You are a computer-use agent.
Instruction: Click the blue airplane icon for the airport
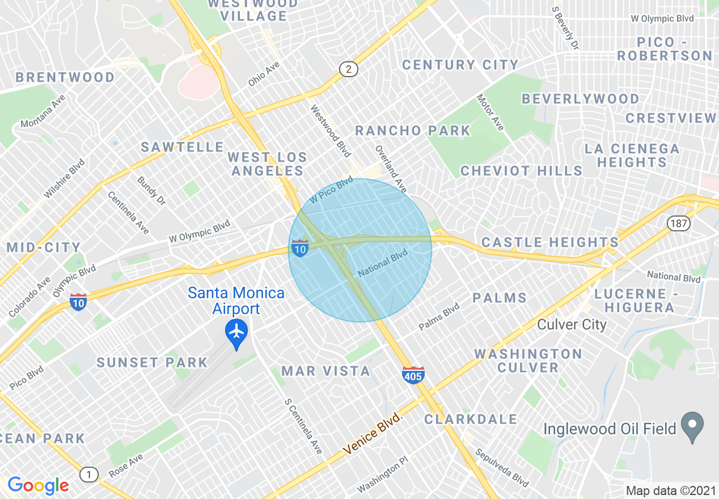(236, 331)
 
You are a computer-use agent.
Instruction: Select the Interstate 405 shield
(413, 375)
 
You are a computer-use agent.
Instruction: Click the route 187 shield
(678, 223)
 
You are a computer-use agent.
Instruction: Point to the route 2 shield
(349, 69)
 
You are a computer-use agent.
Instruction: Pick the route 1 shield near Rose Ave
(88, 474)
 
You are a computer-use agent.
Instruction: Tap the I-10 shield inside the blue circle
(300, 248)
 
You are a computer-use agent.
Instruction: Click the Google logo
(38, 485)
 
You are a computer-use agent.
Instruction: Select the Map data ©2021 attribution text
(670, 490)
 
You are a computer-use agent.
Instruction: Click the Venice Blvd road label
(373, 434)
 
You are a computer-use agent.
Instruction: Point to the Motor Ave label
(490, 112)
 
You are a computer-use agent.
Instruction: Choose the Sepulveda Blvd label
(501, 468)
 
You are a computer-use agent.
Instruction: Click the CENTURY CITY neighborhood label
(460, 65)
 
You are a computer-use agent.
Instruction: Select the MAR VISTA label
(326, 371)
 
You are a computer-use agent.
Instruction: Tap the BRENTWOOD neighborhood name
(65, 77)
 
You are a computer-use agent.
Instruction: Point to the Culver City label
(572, 325)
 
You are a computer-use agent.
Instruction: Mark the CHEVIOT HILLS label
(521, 171)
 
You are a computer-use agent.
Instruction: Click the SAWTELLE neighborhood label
(183, 147)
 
